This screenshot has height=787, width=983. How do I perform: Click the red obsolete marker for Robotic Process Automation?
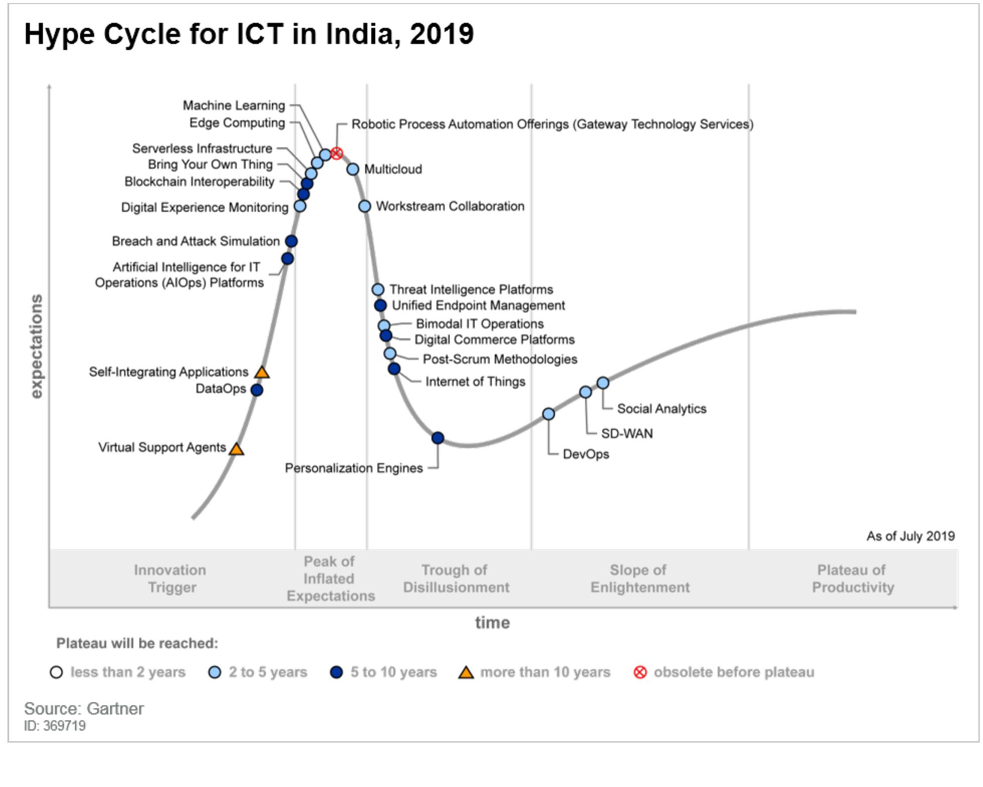coord(337,153)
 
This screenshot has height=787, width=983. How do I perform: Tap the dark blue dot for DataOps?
coord(257,390)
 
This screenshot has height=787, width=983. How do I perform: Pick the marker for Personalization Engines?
coord(438,438)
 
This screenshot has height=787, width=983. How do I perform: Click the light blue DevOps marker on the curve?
coord(549,414)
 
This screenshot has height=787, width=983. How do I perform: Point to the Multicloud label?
coord(393,169)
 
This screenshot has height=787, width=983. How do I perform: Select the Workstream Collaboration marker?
coord(365,206)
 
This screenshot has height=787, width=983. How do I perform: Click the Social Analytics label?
coord(661,409)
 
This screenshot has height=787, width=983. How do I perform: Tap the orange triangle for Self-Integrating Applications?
coord(262,373)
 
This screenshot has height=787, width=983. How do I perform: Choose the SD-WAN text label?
coord(627,433)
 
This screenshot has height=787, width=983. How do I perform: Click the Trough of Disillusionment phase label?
coord(456,579)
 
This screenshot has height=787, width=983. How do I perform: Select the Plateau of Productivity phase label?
coord(852,579)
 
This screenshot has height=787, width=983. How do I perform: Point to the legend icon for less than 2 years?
coord(57,672)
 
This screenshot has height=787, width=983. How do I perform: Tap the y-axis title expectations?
coord(37,347)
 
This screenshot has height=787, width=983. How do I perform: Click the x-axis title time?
coord(492,623)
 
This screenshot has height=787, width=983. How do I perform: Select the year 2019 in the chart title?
coord(442,34)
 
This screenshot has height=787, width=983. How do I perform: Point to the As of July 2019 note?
coord(910,536)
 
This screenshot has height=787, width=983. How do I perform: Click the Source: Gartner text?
coord(84,709)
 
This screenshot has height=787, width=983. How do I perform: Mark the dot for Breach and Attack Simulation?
coord(291,241)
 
